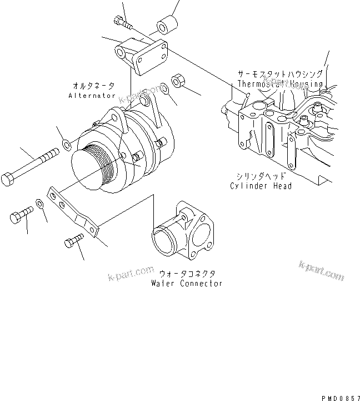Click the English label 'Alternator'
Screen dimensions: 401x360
tap(92, 96)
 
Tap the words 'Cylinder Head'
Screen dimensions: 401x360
tap(261, 186)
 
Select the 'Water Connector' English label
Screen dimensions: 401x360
tap(187, 283)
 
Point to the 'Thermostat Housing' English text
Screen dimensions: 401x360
tap(280, 84)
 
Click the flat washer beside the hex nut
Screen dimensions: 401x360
tap(165, 88)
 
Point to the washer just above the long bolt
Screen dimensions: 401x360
tap(66, 146)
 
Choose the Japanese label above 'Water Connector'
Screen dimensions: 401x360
tap(187, 274)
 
